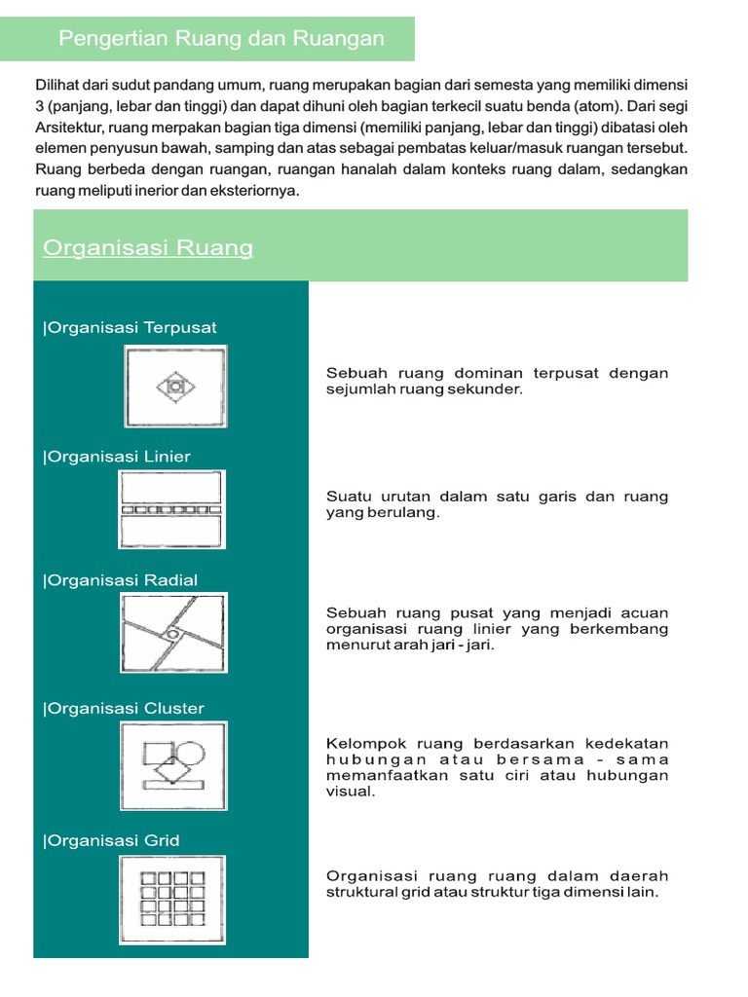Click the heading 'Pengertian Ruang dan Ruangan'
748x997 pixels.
[x=221, y=39]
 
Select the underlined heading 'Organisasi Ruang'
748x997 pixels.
[x=148, y=248]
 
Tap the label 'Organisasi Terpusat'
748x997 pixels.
[x=130, y=327]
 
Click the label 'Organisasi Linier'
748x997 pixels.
[x=117, y=457]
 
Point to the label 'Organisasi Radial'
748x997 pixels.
[x=120, y=580]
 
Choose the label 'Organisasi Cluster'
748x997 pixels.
[x=124, y=708]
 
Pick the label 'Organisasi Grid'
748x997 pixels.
[x=111, y=840]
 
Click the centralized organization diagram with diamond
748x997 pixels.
[x=174, y=388]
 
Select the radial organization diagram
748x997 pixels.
[x=173, y=634]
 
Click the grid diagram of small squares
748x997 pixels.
[x=173, y=900]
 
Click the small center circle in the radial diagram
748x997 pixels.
[x=171, y=635]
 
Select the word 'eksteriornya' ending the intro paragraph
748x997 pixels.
[x=257, y=192]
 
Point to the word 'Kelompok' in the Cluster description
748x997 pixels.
[x=356, y=743]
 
